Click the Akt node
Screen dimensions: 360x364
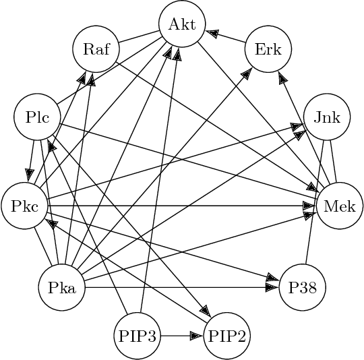(x=182, y=26)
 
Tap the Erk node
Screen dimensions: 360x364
(x=268, y=49)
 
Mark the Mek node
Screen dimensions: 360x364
(x=340, y=206)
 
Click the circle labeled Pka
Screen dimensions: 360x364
(x=62, y=288)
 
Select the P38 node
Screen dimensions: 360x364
(x=302, y=288)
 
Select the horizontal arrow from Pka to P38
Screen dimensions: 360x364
(x=182, y=288)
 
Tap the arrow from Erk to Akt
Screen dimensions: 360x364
(x=225, y=37)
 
